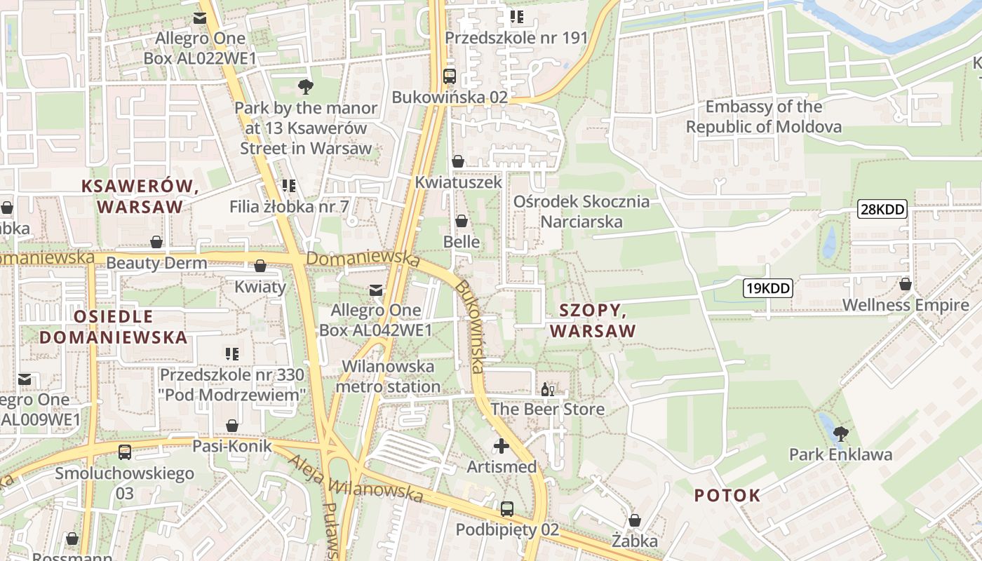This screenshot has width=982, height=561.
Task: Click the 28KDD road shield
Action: pyautogui.click(x=882, y=208)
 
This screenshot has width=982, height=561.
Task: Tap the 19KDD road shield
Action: pyautogui.click(x=768, y=288)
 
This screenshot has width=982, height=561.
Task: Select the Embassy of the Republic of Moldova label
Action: pyautogui.click(x=764, y=116)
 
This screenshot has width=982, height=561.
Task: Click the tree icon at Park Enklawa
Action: pyautogui.click(x=840, y=433)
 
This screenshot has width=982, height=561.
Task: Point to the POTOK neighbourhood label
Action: pyautogui.click(x=727, y=495)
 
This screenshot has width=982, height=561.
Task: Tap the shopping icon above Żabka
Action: pyautogui.click(x=635, y=520)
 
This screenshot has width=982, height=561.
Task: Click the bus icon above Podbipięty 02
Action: pyautogui.click(x=507, y=508)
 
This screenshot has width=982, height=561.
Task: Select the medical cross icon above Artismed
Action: pyautogui.click(x=502, y=445)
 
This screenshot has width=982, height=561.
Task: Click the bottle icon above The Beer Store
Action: pyautogui.click(x=548, y=389)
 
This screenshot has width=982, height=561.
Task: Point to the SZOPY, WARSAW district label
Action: pyautogui.click(x=593, y=320)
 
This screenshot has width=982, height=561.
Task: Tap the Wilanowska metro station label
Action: pyautogui.click(x=388, y=377)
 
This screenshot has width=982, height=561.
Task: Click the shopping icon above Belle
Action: pyautogui.click(x=462, y=221)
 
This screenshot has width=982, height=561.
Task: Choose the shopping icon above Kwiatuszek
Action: pyautogui.click(x=458, y=161)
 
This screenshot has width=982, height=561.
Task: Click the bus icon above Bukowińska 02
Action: pyautogui.click(x=450, y=76)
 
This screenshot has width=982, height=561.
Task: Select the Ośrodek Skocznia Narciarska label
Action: pyautogui.click(x=581, y=211)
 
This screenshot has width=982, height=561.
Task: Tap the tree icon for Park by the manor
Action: pyautogui.click(x=306, y=87)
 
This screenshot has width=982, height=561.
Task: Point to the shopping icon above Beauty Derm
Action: pyautogui.click(x=156, y=242)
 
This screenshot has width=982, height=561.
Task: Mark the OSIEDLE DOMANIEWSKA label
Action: pyautogui.click(x=113, y=327)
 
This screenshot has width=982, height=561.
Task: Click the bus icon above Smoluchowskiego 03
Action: pyautogui.click(x=125, y=452)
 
